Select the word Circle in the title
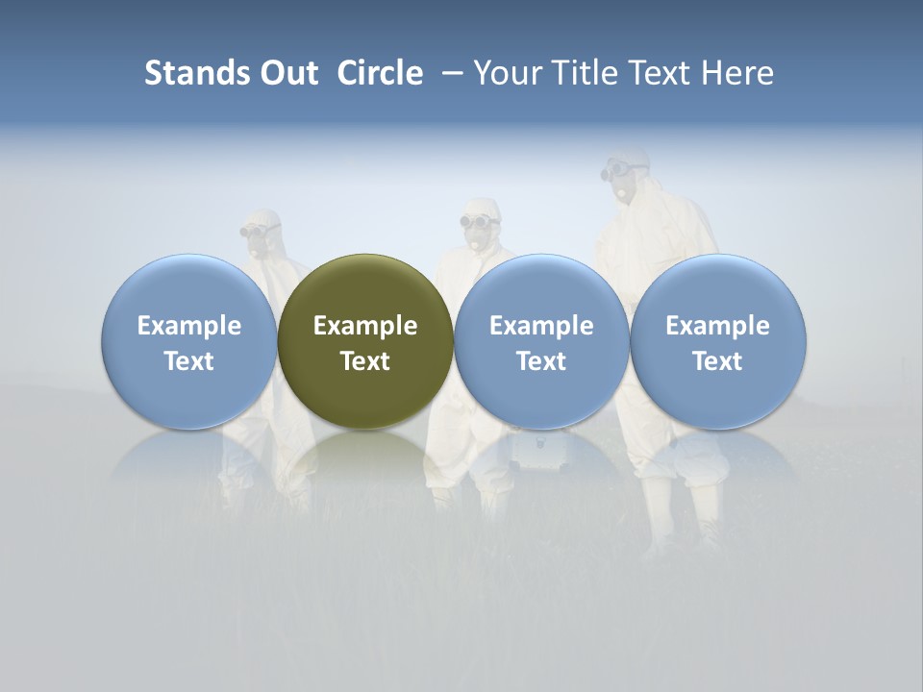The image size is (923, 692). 380,73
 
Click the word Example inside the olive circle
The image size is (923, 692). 365,326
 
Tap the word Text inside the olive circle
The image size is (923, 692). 365,361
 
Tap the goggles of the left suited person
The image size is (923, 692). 258,231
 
